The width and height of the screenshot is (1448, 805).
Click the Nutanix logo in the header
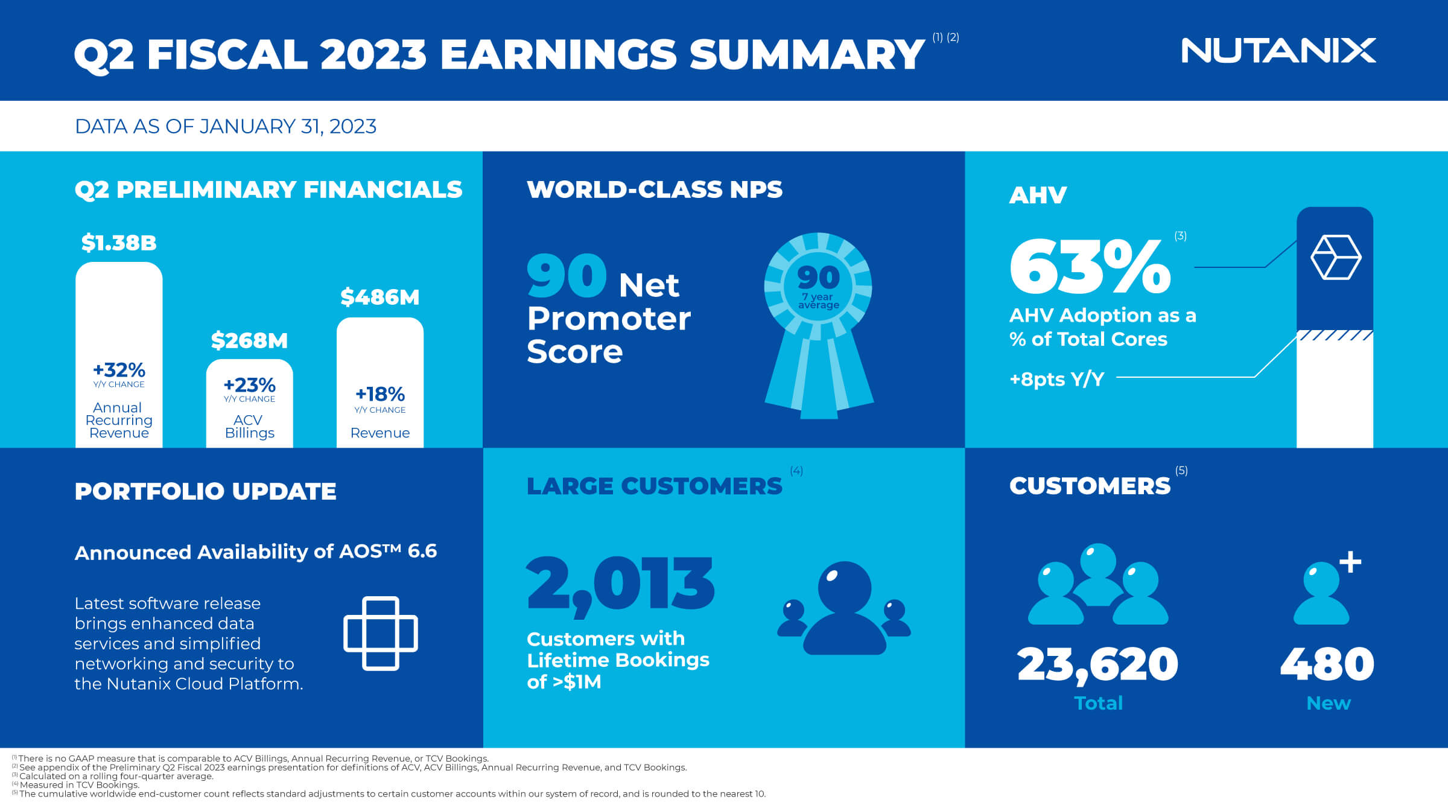pos(1278,51)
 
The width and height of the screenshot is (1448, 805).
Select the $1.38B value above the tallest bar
pos(119,243)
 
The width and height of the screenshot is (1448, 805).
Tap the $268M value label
pos(249,340)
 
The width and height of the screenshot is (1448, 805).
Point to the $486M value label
pos(379,297)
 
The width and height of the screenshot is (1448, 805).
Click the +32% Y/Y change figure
pos(119,369)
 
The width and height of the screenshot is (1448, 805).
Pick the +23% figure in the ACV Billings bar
pos(249,384)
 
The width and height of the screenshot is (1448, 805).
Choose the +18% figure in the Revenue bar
pos(379,394)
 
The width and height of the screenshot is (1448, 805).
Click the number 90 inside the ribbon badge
pos(818,278)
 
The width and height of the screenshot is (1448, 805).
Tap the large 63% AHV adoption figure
pos(1090,266)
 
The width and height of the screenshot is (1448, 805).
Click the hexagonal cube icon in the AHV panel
pos(1336,257)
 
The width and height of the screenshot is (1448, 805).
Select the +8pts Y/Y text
pos(1057,379)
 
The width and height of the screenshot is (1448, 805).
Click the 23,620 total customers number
pos(1097,664)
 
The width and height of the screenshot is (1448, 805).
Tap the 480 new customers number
pos(1327,664)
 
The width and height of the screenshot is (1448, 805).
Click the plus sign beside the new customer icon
pos(1350,562)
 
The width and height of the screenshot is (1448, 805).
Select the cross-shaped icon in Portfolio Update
pos(381,633)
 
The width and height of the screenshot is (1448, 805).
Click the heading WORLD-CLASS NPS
pos(655,189)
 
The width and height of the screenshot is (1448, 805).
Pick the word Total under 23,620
pos(1098,703)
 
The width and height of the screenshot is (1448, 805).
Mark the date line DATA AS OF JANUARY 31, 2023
pos(226,127)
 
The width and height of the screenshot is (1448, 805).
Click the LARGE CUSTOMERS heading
pos(655,486)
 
